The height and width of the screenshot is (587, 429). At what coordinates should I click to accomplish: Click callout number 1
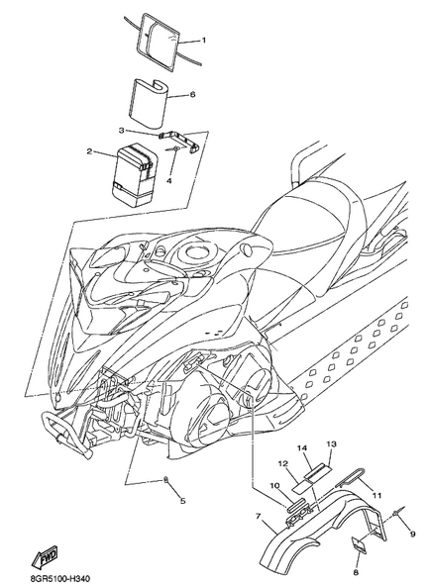point(204,40)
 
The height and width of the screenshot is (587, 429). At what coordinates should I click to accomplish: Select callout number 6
point(192,94)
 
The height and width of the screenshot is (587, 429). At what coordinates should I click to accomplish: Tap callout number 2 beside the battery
point(89,151)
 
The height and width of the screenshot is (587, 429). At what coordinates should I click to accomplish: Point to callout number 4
point(169,181)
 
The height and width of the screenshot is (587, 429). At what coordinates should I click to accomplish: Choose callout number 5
point(183,501)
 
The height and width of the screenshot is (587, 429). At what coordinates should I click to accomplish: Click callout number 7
point(258,517)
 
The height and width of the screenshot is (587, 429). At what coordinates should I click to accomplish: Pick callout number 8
point(356,572)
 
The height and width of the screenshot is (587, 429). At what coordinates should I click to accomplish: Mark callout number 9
point(412,535)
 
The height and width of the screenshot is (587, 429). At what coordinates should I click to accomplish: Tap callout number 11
point(376,496)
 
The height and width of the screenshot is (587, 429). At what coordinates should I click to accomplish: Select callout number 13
point(331,444)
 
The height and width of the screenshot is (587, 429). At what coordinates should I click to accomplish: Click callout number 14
point(302,448)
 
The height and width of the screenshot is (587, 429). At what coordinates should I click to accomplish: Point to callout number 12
point(283,464)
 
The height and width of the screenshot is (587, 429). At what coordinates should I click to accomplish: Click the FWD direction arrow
point(45,556)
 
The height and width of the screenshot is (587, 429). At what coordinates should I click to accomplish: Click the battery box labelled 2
point(135,176)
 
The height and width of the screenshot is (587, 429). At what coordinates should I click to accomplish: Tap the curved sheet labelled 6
point(148,101)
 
